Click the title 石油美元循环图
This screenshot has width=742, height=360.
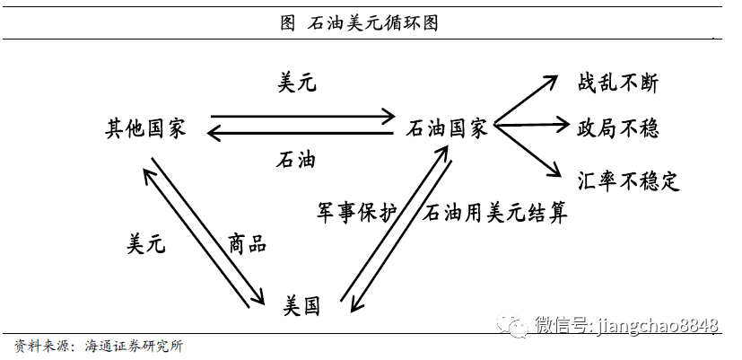pyautogui.click(x=370, y=23)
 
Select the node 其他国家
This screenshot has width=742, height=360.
pyautogui.click(x=145, y=128)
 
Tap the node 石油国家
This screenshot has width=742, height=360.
pyautogui.click(x=447, y=128)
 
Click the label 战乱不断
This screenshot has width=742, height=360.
pyautogui.click(x=618, y=83)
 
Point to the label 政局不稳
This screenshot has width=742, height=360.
pyautogui.click(x=618, y=128)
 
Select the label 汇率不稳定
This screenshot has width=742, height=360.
pyautogui.click(x=628, y=181)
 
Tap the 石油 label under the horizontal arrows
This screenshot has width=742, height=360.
pyautogui.click(x=296, y=160)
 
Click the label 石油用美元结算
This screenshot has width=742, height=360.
pyautogui.click(x=495, y=213)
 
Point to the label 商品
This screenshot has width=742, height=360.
pyautogui.click(x=247, y=242)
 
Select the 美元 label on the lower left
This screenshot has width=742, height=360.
pyautogui.click(x=146, y=242)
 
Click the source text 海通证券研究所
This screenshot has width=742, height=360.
pyautogui.click(x=135, y=345)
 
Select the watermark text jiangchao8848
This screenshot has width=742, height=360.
pyautogui.click(x=657, y=324)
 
